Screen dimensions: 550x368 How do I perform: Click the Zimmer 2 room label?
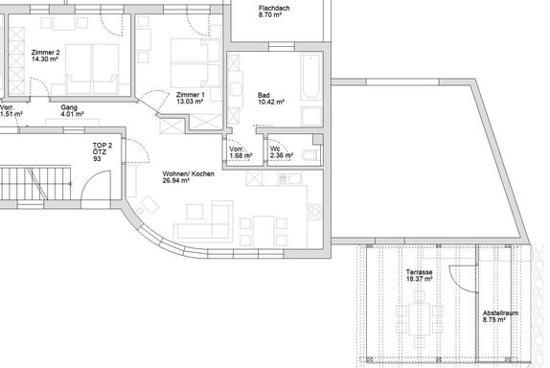click(x=45, y=53)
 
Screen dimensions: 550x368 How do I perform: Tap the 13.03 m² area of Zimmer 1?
click(x=190, y=102)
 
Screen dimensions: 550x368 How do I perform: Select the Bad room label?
click(x=264, y=95)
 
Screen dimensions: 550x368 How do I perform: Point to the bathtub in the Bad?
click(x=311, y=77)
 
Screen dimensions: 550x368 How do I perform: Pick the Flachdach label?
click(x=274, y=8)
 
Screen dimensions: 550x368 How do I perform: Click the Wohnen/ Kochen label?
click(x=189, y=174)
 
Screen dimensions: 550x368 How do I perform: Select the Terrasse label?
click(x=419, y=272)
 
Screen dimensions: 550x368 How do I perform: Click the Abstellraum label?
click(x=500, y=313)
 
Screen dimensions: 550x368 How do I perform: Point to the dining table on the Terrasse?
click(x=419, y=318)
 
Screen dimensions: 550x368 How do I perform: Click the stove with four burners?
click(x=314, y=213)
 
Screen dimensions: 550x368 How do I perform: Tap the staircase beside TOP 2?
click(x=35, y=183)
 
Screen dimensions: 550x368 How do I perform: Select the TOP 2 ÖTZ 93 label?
click(x=103, y=152)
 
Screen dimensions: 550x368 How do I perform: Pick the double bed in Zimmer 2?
click(x=92, y=69)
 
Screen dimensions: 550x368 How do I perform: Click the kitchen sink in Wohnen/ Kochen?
click(x=295, y=179)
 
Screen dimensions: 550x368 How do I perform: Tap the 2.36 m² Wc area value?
click(x=282, y=155)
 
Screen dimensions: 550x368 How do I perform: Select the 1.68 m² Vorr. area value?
click(x=241, y=155)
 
